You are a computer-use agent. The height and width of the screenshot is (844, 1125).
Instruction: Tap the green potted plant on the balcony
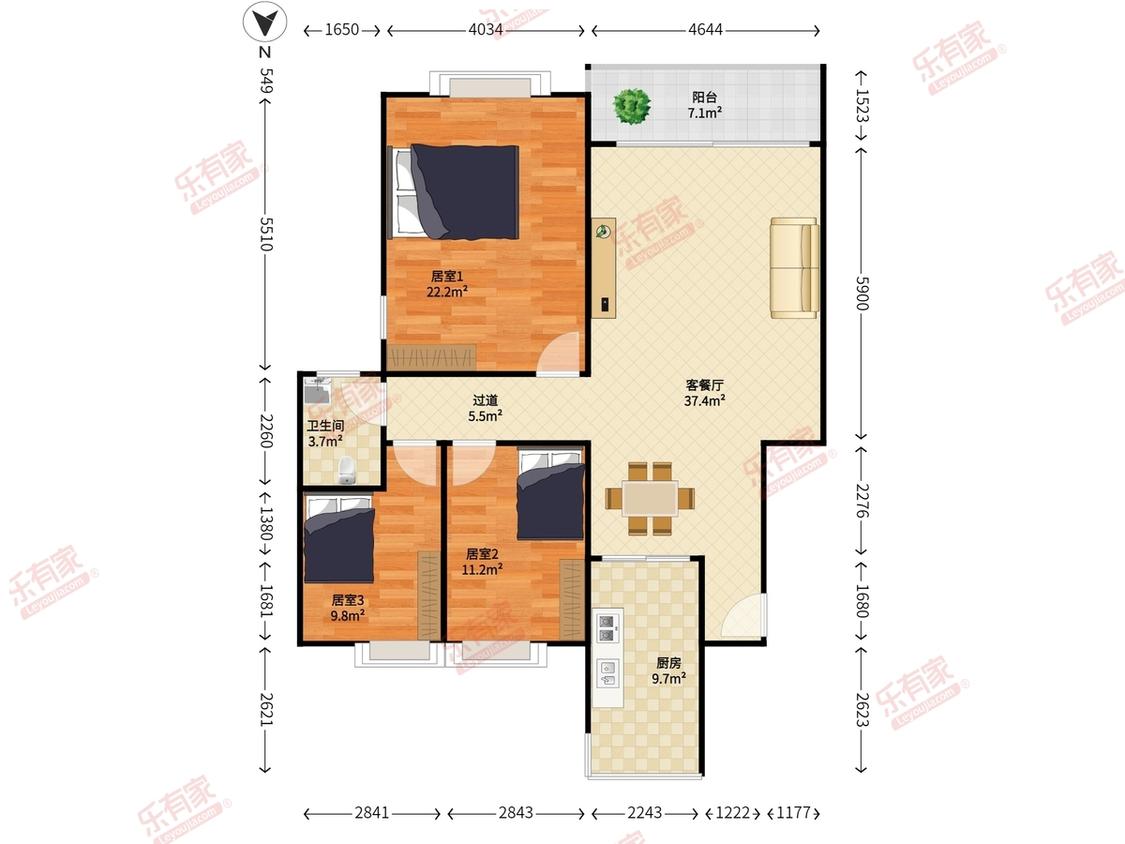pos(632,106)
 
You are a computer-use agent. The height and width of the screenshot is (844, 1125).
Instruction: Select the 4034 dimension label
pos(486,30)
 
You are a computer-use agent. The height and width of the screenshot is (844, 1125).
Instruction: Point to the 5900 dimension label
pos(862,293)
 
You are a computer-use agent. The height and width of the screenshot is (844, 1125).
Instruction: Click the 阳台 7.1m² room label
pos(705,105)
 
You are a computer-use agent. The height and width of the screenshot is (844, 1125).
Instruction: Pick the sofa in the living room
pos(794,268)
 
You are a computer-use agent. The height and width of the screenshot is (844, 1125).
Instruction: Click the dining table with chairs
pos(650,498)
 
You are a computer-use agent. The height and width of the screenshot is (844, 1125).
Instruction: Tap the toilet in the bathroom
pos(347,470)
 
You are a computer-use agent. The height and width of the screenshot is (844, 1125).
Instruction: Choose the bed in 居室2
pos(550,495)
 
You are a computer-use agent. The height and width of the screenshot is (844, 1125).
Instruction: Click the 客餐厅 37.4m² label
pos(704,393)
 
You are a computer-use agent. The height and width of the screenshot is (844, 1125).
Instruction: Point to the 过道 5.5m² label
pos(485,408)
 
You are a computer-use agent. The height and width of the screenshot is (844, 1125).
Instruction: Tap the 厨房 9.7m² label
pos(669,670)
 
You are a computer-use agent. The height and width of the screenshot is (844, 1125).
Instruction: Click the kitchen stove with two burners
pos(607,628)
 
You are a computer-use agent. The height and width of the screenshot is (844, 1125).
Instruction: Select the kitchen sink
pos(608,673)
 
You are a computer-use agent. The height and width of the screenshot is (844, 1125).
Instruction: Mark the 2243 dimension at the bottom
pos(644,812)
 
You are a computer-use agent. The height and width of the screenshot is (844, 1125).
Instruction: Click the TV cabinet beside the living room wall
pos(603,268)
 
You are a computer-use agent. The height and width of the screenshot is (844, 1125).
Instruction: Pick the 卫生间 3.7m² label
pos(325,433)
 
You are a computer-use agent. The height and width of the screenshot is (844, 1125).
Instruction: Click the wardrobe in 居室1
pos(432,357)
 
